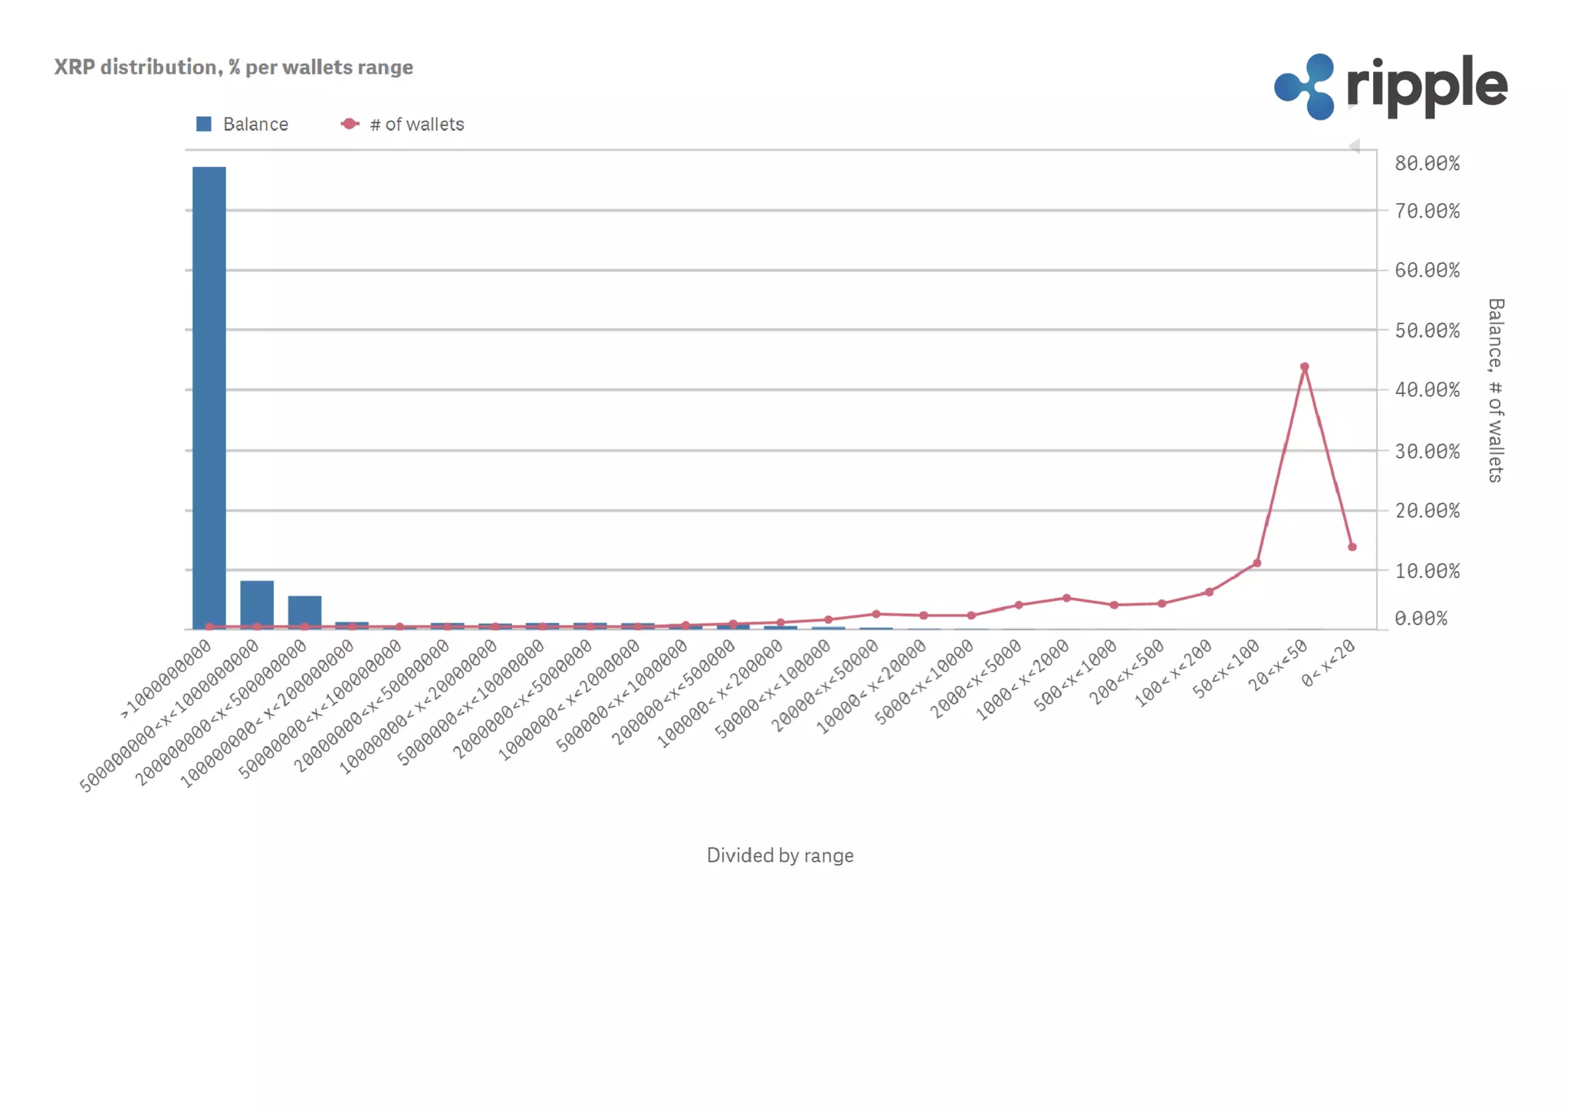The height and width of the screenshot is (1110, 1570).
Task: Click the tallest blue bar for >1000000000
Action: pos(209,397)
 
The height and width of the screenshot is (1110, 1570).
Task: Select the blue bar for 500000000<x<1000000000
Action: pos(257,604)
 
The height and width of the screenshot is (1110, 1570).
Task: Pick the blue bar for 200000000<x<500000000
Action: pos(304,612)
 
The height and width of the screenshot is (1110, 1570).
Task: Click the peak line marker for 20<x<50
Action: pos(1304,367)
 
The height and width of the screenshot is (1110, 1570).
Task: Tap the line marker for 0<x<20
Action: pos(1352,547)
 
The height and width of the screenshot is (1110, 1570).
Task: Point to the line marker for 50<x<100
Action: pos(1256,563)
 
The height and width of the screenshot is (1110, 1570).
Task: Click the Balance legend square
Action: pos(204,124)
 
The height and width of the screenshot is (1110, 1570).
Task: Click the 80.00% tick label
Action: pos(1427,163)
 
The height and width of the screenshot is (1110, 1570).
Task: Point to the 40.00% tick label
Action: pos(1427,390)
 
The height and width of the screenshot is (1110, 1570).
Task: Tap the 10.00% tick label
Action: pos(1427,571)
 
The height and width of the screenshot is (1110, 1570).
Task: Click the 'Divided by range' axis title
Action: pos(780,855)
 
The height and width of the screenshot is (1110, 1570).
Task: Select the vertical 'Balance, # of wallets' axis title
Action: pos(1495,390)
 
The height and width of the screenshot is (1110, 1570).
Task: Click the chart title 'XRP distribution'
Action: pos(233,67)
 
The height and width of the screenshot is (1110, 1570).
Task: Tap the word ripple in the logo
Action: pos(1427,86)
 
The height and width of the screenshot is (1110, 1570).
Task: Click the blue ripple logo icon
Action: pos(1306,87)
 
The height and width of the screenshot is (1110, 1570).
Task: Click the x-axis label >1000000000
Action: pos(166,680)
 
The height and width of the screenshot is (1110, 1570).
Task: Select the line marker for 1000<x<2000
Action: pos(1066,598)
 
